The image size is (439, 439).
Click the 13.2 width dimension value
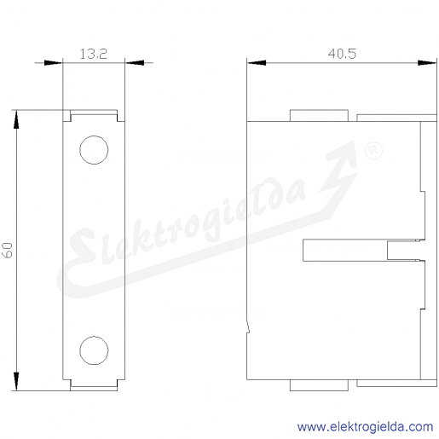coord(93,54)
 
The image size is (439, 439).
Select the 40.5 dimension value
coord(342,54)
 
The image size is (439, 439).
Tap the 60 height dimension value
coord(9,250)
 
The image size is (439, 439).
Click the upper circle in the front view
coord(94,136)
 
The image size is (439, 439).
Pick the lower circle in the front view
coord(94,336)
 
